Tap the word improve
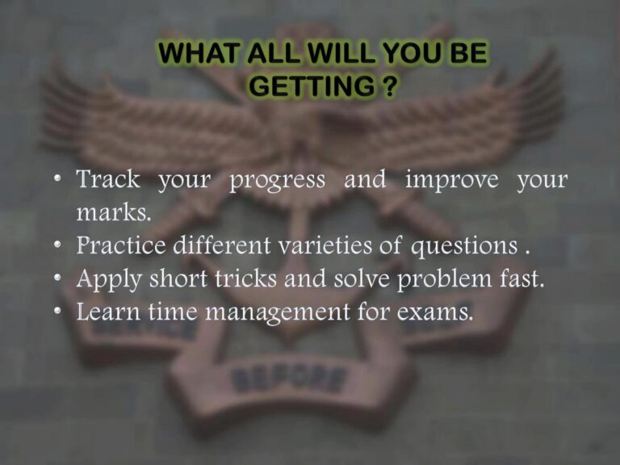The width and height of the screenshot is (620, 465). tap(451, 181)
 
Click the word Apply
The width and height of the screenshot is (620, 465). tap(105, 280)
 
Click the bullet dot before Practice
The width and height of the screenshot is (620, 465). tap(59, 245)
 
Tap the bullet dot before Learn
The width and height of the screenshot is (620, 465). tap(59, 312)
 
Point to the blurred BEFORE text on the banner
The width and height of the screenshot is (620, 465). tap(290, 378)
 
